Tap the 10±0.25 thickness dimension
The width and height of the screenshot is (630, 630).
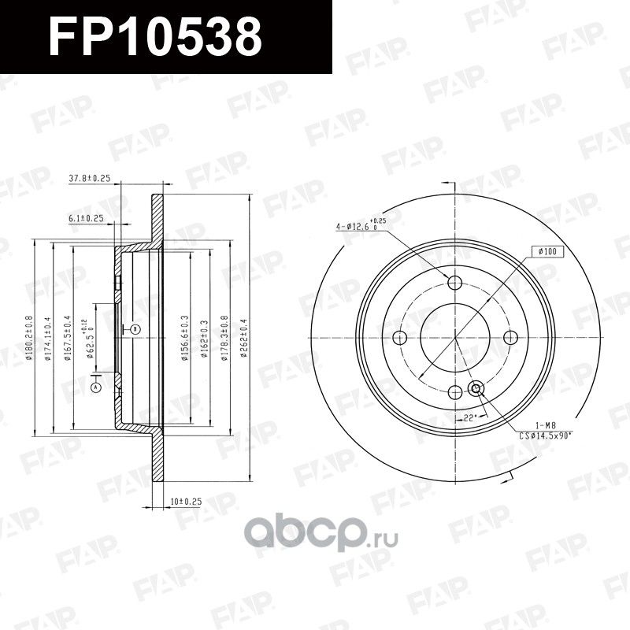click(x=186, y=501)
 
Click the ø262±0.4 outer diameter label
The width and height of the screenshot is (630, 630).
click(x=244, y=336)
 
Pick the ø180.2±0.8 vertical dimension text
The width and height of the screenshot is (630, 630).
click(x=28, y=337)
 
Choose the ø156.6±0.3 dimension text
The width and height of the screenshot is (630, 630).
click(x=184, y=336)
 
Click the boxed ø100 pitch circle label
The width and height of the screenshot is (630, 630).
click(x=547, y=251)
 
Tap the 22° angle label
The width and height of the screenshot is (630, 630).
click(x=470, y=418)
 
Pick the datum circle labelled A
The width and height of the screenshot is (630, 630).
click(x=97, y=388)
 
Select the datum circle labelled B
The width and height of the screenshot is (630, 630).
click(x=135, y=328)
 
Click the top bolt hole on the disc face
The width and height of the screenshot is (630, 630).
click(x=455, y=282)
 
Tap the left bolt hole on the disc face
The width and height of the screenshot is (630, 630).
click(x=399, y=337)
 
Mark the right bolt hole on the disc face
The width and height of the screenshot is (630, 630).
click(x=510, y=337)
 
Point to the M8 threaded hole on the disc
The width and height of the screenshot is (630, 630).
click(x=476, y=388)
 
